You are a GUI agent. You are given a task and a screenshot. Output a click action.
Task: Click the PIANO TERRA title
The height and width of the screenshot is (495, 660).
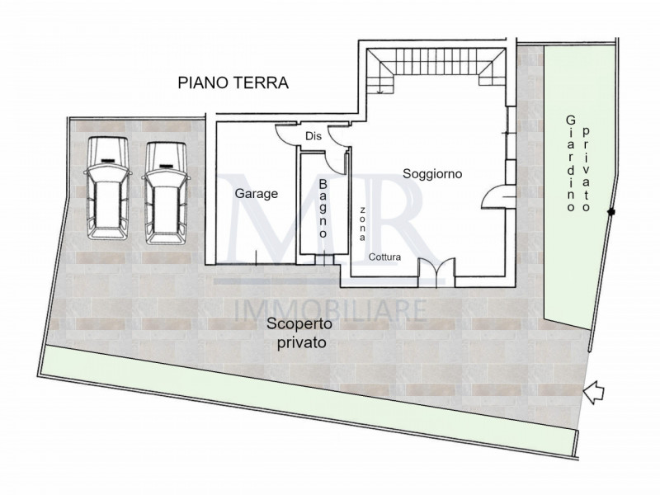[x=232, y=82]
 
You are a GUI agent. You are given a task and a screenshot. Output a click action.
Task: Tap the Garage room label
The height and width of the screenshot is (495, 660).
[x=256, y=195]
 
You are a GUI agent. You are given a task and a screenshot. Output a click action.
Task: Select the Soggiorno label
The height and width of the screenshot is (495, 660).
[x=432, y=174]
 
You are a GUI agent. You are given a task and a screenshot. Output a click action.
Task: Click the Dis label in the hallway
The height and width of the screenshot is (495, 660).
[x=313, y=136]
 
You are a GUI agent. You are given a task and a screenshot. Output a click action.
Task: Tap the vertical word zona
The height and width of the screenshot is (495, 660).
[x=361, y=223]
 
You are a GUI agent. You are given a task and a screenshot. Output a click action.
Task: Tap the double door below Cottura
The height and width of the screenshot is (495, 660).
[x=436, y=273]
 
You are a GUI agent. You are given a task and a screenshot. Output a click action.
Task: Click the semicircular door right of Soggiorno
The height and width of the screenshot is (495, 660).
[x=498, y=196]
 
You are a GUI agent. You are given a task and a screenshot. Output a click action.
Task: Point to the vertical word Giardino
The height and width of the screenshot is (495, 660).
[x=570, y=165]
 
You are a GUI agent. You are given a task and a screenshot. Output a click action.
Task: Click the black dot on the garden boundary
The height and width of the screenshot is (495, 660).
[x=611, y=214]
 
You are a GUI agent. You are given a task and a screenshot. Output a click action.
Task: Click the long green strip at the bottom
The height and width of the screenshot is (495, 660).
[x=305, y=404]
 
